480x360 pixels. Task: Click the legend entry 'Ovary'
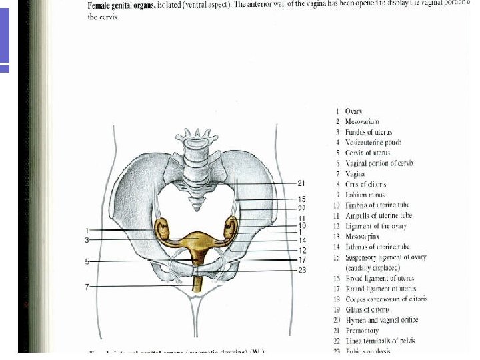pos(353,111)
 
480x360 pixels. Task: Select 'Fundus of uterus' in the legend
pos(363,132)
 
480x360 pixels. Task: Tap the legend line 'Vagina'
pos(355,173)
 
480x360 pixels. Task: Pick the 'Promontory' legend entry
pos(362,331)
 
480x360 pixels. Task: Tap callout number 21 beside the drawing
pos(301,183)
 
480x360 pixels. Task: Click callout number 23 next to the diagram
pos(302,270)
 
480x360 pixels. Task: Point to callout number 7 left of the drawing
pos(87,287)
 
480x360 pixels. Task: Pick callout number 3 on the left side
pos(87,239)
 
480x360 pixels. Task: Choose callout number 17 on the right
pos(302,259)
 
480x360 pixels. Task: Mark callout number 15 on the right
pos(302,199)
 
